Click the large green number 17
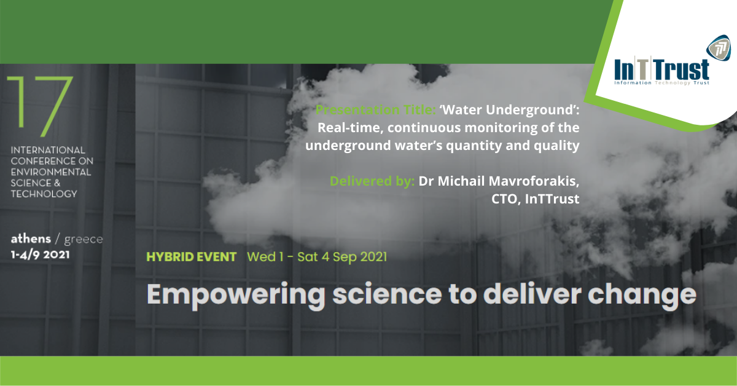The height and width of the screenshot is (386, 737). [x=40, y=106]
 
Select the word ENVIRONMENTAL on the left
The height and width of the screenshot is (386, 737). [x=51, y=172]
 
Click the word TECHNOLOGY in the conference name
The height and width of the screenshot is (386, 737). [x=44, y=194]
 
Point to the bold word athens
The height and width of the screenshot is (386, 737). [x=31, y=238]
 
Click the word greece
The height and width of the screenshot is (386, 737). [x=84, y=240]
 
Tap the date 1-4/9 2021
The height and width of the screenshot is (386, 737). [x=40, y=254]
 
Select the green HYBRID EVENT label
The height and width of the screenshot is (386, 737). [x=191, y=257]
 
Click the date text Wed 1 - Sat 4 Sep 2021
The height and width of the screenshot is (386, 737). [x=317, y=257]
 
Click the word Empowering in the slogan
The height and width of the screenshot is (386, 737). [x=236, y=295]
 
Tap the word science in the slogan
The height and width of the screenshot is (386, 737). [x=387, y=294]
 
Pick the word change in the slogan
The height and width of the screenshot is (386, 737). [x=642, y=295]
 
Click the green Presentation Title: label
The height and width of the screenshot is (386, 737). [x=375, y=109]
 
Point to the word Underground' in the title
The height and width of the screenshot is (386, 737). [x=532, y=110]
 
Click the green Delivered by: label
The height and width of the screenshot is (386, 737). [x=372, y=181]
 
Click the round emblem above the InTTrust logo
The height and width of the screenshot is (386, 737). [x=718, y=49]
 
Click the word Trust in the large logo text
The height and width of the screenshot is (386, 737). [x=682, y=69]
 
